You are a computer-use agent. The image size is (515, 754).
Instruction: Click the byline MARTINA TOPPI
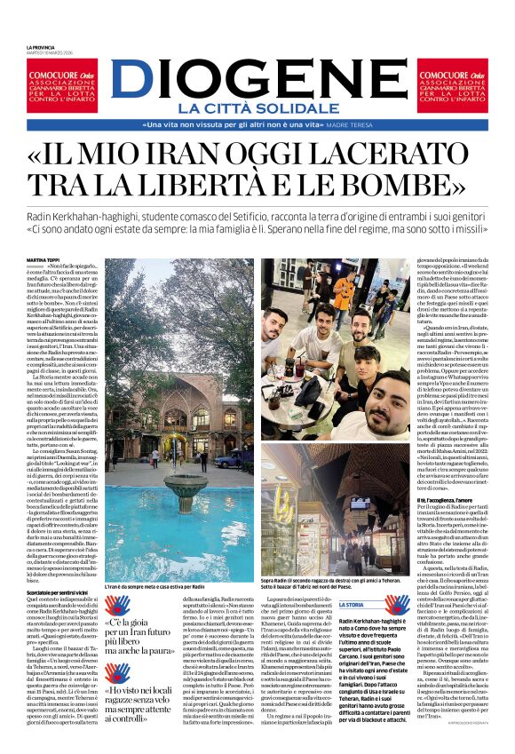(44, 259)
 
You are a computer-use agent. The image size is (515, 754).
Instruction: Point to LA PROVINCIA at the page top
(41, 46)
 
